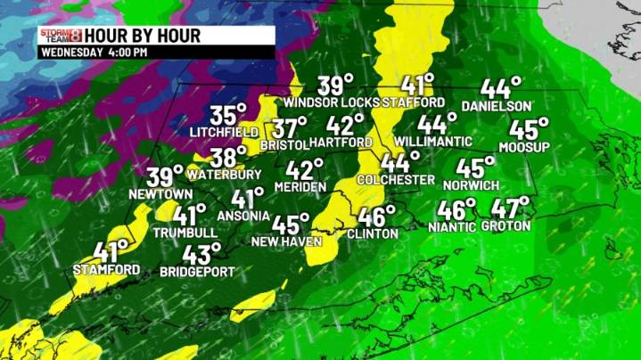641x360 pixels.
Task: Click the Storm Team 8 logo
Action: pos(60,37)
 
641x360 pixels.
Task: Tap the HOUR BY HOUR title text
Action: pos(143,37)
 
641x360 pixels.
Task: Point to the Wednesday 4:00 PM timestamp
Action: pos(93,53)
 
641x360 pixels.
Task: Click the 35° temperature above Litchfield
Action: pos(228,115)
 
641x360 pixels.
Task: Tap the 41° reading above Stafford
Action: pos(416,86)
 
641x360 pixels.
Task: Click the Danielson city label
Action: pos(491,106)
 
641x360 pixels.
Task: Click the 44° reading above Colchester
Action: pos(400,163)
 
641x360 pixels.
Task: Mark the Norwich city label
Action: pos(477,185)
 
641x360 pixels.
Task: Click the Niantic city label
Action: pos(452,226)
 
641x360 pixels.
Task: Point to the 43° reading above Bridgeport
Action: pos(202,254)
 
